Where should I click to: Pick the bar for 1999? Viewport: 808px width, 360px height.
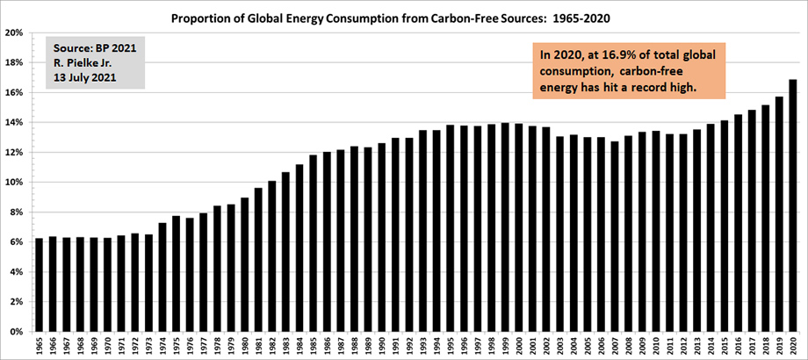tap(504, 227)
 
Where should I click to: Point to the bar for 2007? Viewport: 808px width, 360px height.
tap(615, 236)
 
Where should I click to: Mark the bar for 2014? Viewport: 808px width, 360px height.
tap(711, 227)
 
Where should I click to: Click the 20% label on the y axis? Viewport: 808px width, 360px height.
tap(16, 32)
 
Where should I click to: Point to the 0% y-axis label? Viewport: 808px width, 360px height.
tap(18, 332)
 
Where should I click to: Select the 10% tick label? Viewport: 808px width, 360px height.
tap(16, 183)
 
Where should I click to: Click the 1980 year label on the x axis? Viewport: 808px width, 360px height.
tap(244, 346)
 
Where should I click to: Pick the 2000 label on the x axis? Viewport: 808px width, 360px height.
tap(518, 346)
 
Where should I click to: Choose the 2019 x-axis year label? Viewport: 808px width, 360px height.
tap(780, 346)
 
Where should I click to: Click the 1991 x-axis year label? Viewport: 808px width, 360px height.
tap(395, 346)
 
